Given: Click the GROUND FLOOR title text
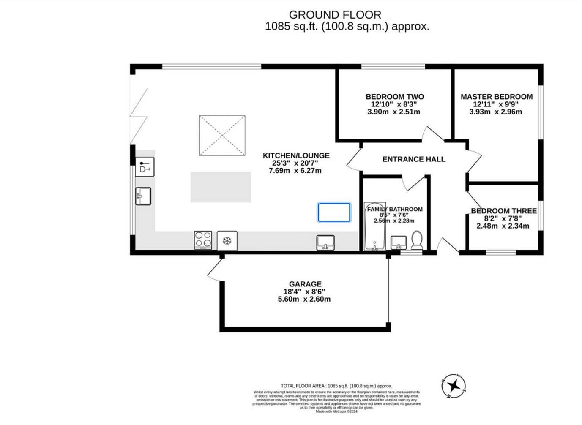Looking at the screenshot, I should [x=335, y=15].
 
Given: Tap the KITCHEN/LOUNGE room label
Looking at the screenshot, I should [x=296, y=155].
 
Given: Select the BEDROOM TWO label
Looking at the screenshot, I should [x=394, y=97].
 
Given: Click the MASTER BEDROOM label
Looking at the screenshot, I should [x=496, y=97].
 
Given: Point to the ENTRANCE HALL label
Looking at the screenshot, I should [x=413, y=159].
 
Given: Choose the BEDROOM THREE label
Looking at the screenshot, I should [x=503, y=211].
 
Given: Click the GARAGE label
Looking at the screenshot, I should [x=305, y=284].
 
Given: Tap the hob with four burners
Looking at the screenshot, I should [x=203, y=240].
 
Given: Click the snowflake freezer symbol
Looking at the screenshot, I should [x=227, y=241].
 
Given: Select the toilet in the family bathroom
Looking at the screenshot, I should [x=416, y=240].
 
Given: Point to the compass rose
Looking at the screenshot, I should [x=454, y=386].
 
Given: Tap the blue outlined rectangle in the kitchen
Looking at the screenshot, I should [x=334, y=212].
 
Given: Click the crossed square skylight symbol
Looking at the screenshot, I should [x=222, y=136].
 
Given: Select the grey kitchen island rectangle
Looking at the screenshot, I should [x=220, y=187].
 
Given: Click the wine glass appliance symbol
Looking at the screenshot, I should [x=145, y=166].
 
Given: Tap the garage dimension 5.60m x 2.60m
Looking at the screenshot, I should [x=304, y=299].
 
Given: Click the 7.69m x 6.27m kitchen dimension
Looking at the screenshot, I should [x=295, y=171].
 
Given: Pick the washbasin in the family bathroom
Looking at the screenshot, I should [x=398, y=242].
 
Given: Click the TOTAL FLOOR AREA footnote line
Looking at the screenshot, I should [x=336, y=386].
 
